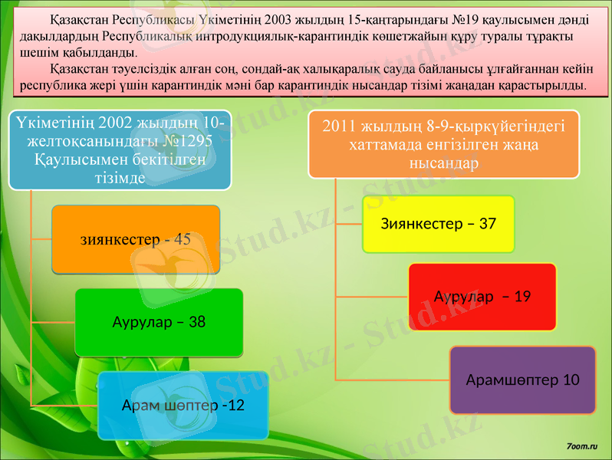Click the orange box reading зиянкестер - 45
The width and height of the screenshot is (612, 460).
pos(136,239)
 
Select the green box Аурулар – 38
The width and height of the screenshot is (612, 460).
pos(159,322)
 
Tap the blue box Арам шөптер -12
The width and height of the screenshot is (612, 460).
pos(183,405)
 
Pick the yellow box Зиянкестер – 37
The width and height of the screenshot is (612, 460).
pos(438,224)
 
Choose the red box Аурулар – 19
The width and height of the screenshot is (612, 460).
pos(482,297)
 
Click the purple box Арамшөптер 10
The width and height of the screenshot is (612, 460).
pos(522,380)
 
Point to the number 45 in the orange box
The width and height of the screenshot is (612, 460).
pos(183,239)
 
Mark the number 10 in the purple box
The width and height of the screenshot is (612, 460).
pos(571,380)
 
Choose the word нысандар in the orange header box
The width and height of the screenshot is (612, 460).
pos(444,163)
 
